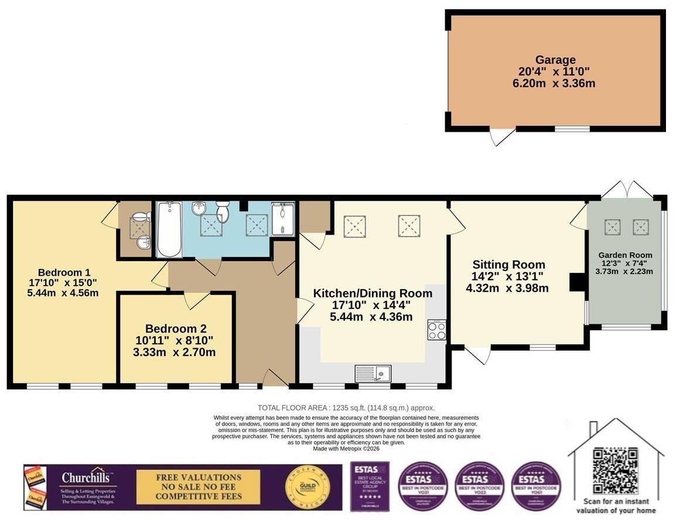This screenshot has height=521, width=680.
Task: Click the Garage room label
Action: point(555,60)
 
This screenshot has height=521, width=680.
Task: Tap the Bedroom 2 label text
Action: point(176,329)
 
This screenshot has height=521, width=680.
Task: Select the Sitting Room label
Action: point(508,265)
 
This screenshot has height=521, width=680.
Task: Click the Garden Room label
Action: point(624,255)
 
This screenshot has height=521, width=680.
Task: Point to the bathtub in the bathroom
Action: point(169,229)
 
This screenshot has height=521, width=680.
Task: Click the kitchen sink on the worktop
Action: point(373,373)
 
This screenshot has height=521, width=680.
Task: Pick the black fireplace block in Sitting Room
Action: point(578,282)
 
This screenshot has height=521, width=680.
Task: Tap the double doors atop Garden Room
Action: point(627,189)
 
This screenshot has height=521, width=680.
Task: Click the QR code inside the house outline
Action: point(615,471)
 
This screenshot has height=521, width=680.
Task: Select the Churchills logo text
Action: point(88,478)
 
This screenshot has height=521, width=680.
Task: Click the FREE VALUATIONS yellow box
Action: point(198,487)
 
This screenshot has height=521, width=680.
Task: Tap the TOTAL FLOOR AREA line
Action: point(346,408)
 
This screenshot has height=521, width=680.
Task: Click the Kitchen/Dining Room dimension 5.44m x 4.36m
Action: point(371,317)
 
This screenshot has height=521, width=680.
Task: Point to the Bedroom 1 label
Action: point(64,273)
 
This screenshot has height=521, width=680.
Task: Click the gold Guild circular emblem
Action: point(303,487)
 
